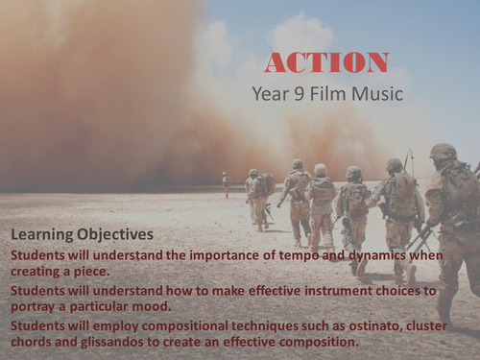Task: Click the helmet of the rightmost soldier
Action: coord(443,152)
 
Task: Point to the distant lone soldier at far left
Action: coord(226,183)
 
